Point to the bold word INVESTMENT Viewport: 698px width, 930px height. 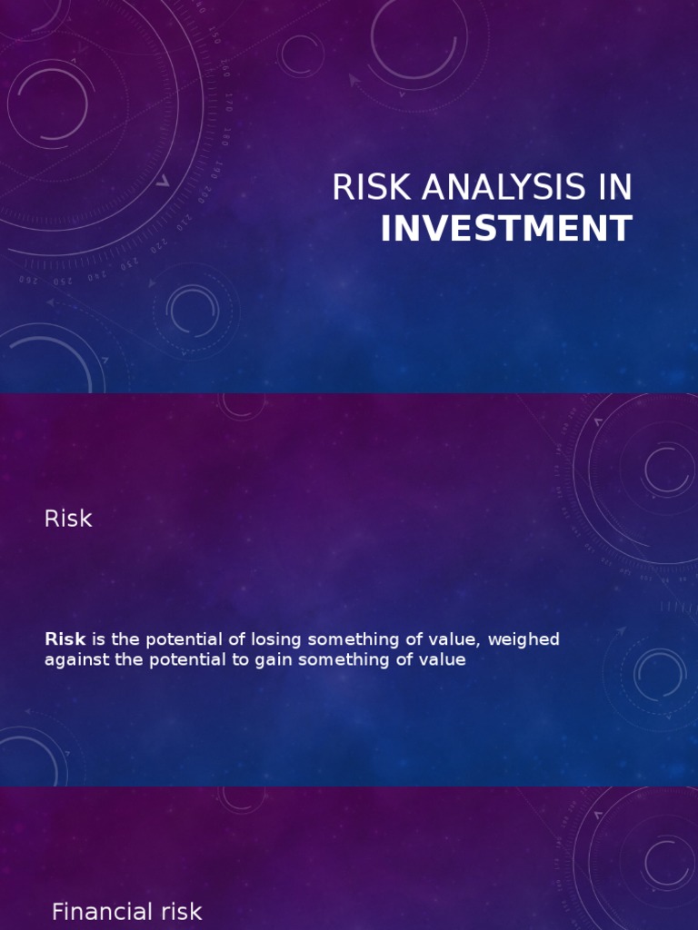click(506, 229)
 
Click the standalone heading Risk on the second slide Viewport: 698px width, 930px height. click(68, 519)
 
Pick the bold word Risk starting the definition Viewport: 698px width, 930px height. click(65, 639)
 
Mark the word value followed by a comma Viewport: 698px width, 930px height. click(454, 639)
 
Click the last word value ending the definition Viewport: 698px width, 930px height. click(443, 660)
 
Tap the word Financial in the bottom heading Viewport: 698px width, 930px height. click(102, 912)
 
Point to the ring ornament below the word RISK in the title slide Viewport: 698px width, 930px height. click(193, 312)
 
